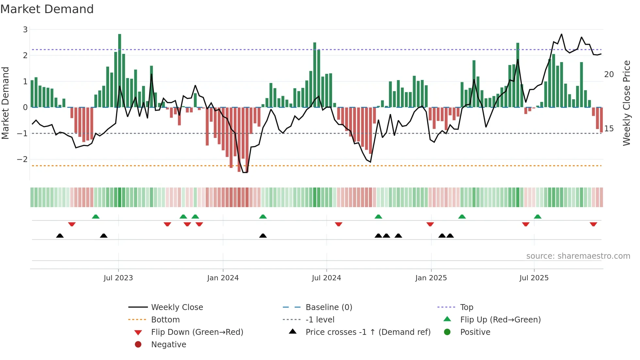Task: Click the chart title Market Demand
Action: (x=47, y=9)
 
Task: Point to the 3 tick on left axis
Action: (x=25, y=30)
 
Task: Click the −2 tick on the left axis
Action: (x=23, y=159)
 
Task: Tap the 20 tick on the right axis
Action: (x=609, y=74)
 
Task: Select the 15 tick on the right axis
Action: (x=609, y=129)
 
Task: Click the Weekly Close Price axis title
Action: (x=626, y=103)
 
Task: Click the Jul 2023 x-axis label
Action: (x=118, y=278)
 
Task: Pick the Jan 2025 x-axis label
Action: (x=431, y=278)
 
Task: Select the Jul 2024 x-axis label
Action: (x=326, y=278)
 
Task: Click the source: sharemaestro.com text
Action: (x=578, y=256)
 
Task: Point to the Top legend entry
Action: (x=466, y=307)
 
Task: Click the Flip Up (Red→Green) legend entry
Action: (x=500, y=320)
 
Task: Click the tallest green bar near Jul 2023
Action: (x=120, y=70)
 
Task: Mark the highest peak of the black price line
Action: (x=561, y=34)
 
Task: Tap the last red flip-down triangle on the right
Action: (x=593, y=224)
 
